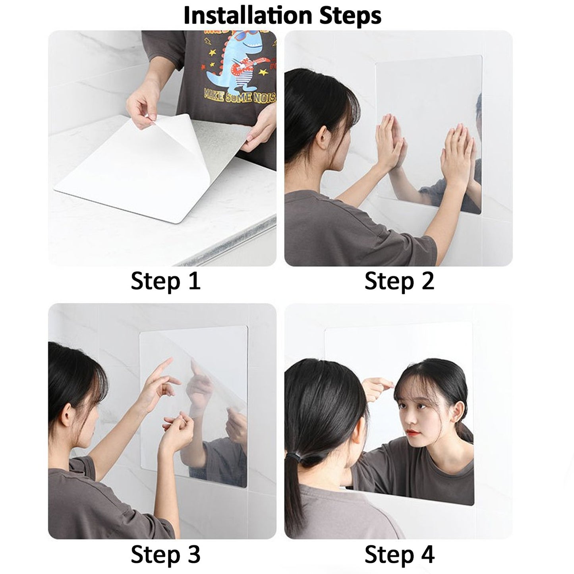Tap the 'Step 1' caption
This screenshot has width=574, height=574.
click(166, 281)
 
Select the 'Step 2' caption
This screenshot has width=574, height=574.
click(399, 281)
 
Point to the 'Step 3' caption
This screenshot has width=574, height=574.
click(166, 554)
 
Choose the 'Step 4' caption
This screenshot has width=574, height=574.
click(399, 554)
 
